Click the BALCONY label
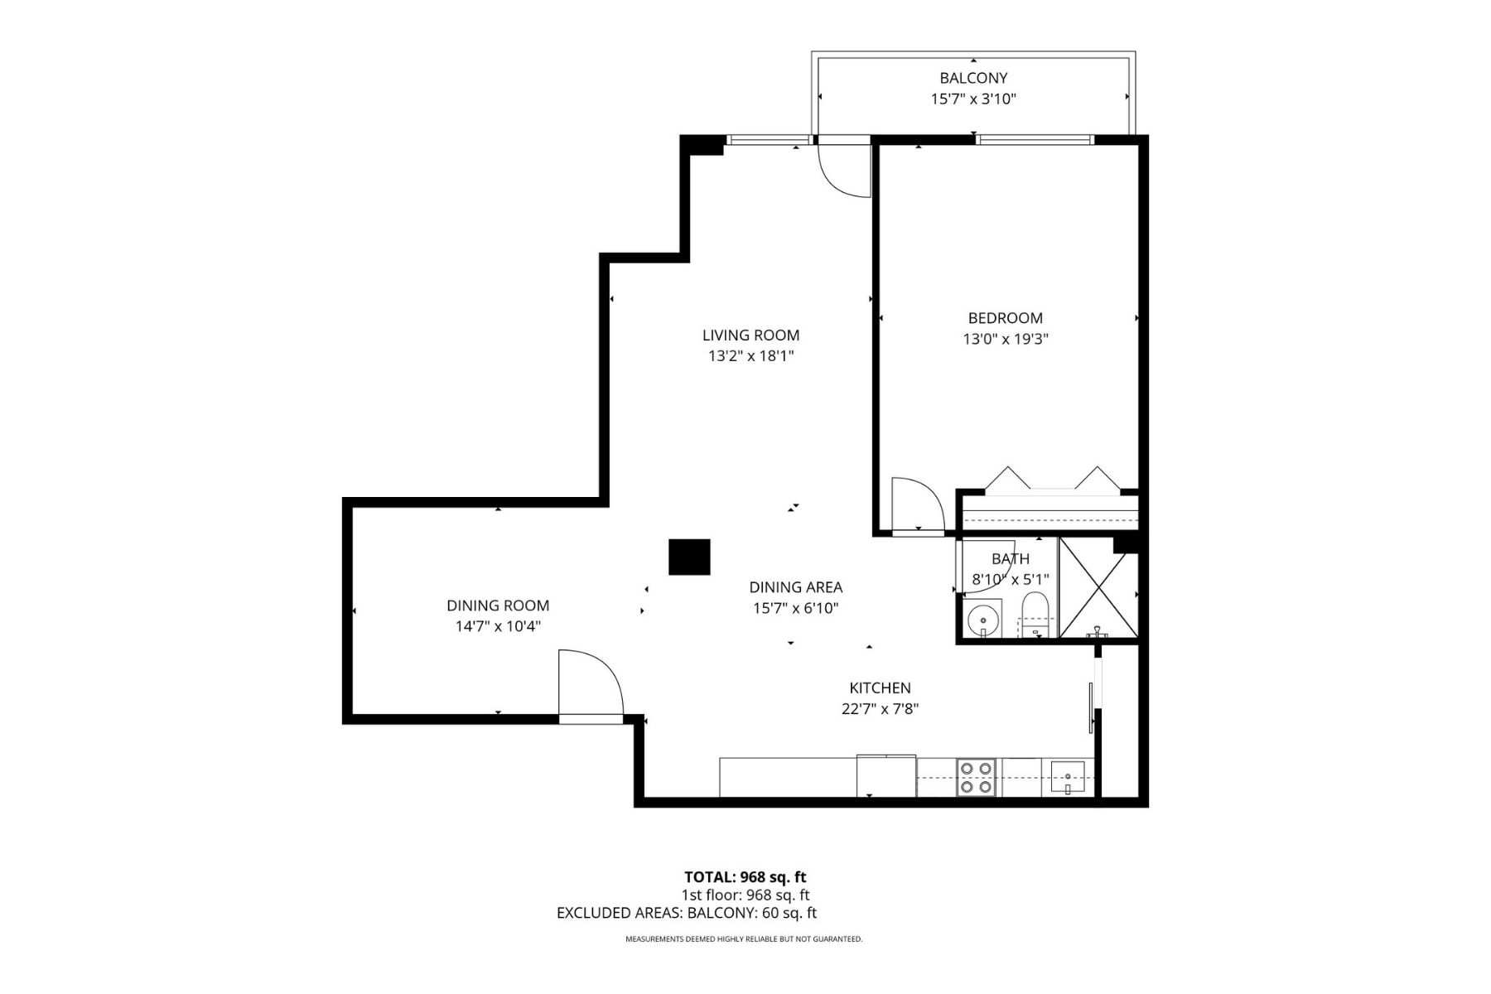[x=973, y=78]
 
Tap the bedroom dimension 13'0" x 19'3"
[x=1005, y=339]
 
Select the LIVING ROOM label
[x=750, y=335]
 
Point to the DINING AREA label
[x=795, y=587]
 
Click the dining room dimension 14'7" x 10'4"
[x=497, y=627]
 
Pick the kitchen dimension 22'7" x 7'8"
[x=880, y=709]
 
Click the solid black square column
[x=689, y=557]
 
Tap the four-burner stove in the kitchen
[x=975, y=778]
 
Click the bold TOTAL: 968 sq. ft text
[x=745, y=877]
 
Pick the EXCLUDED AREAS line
[x=686, y=913]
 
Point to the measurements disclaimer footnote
[x=743, y=939]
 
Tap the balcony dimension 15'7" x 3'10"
[x=973, y=99]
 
